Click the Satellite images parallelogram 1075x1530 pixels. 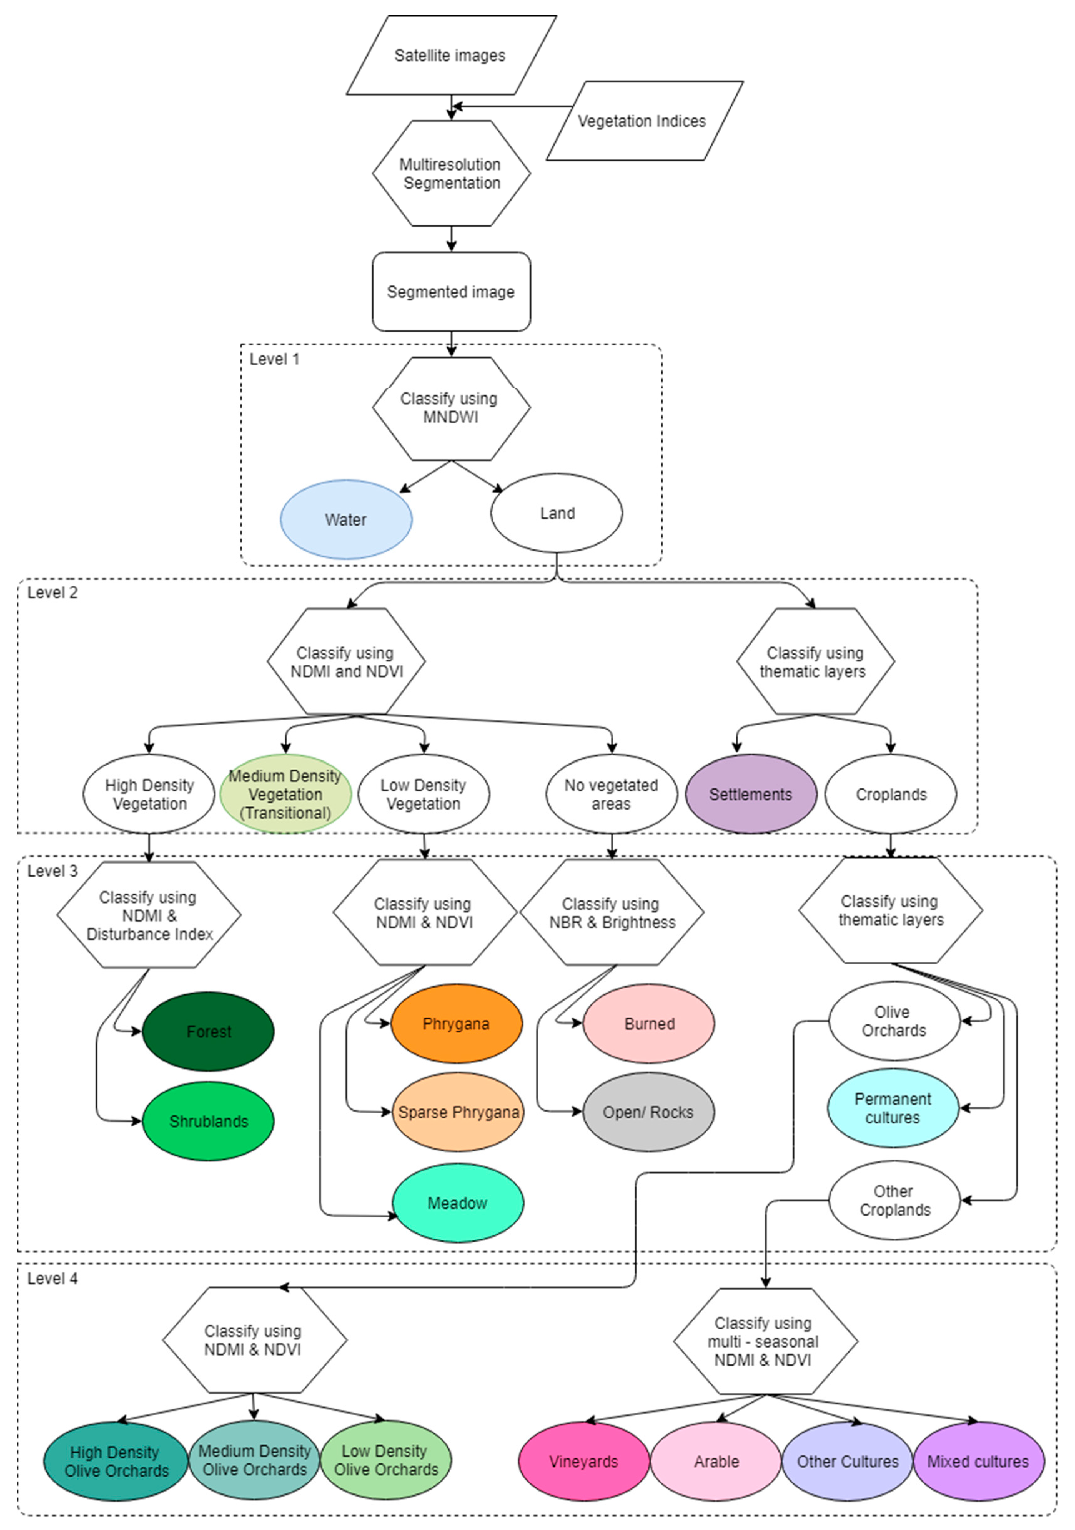pyautogui.click(x=451, y=55)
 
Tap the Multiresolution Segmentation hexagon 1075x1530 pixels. pyautogui.click(x=451, y=173)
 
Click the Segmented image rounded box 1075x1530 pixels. pyautogui.click(x=451, y=292)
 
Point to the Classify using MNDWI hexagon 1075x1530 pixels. pyautogui.click(x=451, y=408)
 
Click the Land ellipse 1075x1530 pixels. pyautogui.click(x=557, y=513)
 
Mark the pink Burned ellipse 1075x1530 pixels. pyautogui.click(x=648, y=1023)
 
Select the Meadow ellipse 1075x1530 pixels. pyautogui.click(x=458, y=1203)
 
